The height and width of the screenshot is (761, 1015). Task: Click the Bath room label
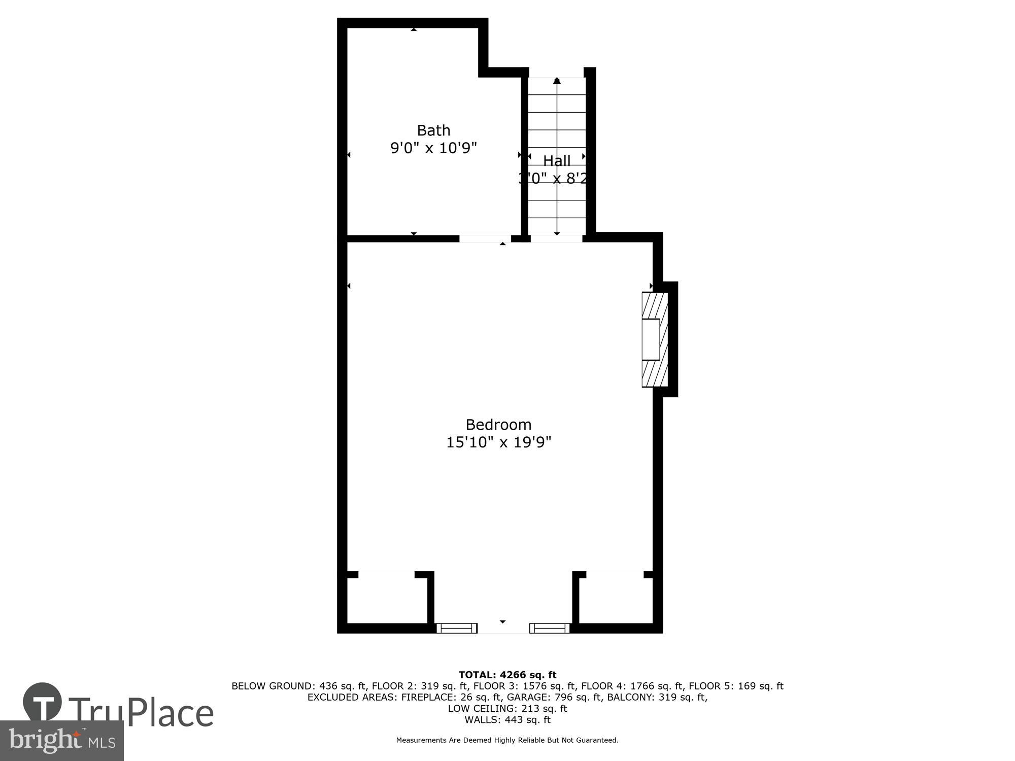point(433,130)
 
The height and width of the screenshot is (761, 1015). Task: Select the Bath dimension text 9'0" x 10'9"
point(433,148)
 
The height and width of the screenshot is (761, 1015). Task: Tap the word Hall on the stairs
point(557,161)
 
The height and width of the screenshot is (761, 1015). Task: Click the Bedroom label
point(498,425)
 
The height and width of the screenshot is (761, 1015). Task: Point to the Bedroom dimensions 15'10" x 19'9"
point(498,442)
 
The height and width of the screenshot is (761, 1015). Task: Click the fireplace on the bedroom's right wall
point(654,339)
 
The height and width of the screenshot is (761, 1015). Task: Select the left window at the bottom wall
point(457,628)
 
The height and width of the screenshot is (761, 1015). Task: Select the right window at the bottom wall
point(549,628)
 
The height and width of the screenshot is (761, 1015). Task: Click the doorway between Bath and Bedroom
point(485,238)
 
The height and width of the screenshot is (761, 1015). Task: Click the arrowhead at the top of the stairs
point(557,81)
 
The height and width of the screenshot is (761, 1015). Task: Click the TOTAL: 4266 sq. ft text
point(507,675)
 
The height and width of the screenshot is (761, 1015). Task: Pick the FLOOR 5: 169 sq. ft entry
point(736,686)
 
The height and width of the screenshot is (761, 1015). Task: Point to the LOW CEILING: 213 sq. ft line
point(507,708)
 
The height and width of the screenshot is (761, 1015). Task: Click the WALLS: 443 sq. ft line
point(507,719)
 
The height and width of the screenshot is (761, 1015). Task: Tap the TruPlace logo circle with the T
point(43,703)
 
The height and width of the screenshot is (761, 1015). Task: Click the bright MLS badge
point(61,741)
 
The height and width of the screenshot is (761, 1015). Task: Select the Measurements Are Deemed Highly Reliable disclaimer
point(507,740)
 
